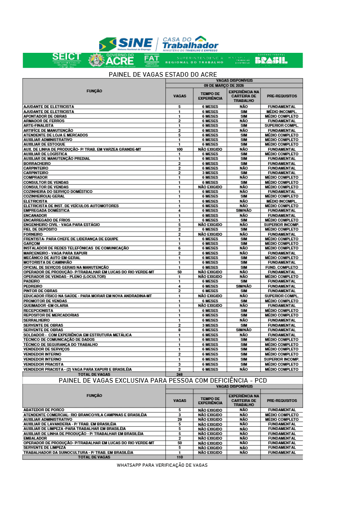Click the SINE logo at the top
[126, 45]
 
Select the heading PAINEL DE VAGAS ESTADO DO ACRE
[163, 74]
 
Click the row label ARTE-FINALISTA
[38, 125]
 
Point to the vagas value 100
[179, 149]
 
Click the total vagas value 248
[179, 374]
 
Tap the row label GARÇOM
[31, 243]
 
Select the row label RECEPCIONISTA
[38, 311]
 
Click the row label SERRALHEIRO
[36, 320]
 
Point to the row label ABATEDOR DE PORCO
[44, 410]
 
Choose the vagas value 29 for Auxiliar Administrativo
[179, 419]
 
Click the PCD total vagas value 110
[179, 458]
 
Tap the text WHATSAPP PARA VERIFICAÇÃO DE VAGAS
[162, 465]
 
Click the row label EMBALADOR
[34, 438]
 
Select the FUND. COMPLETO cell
[281, 267]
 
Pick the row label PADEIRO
[32, 281]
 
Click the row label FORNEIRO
[33, 234]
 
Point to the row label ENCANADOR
[35, 215]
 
